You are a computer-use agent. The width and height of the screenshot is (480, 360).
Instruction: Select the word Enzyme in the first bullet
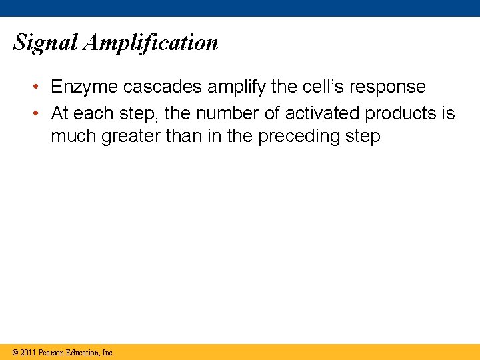[84, 87]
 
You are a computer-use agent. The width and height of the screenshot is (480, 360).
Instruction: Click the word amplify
[231, 87]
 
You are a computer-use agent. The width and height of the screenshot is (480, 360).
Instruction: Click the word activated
[322, 113]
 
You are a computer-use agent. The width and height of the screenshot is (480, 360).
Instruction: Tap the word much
[71, 137]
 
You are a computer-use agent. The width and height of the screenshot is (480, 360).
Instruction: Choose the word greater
[127, 137]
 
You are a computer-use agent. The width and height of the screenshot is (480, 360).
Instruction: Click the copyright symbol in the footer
[15, 352]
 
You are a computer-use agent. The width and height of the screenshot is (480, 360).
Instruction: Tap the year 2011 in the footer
[28, 352]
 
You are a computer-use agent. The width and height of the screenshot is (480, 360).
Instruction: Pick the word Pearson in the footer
[52, 352]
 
